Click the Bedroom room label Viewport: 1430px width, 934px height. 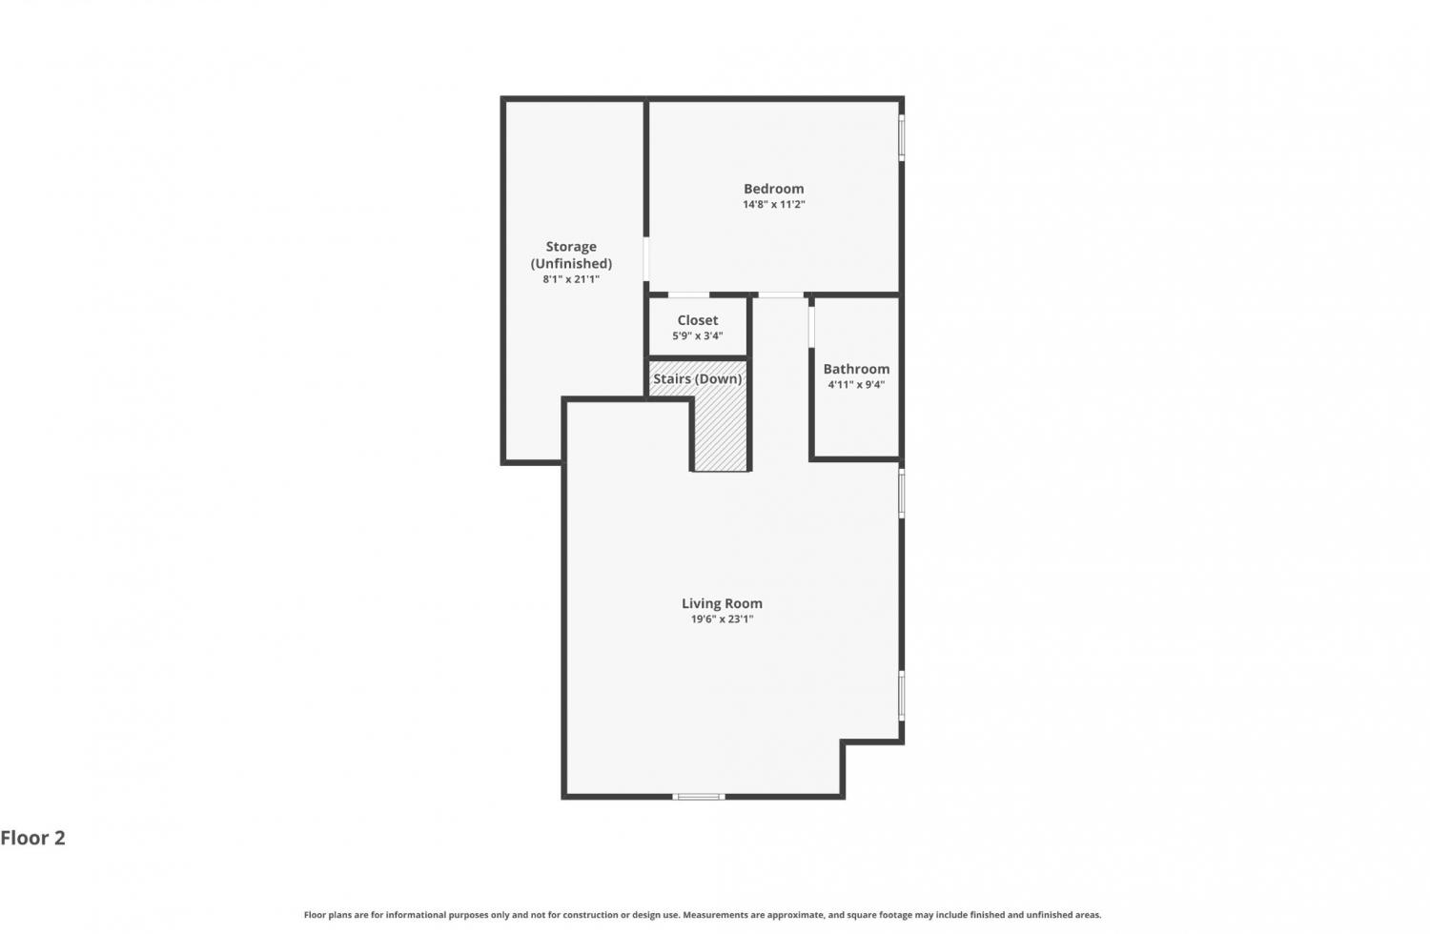(x=774, y=189)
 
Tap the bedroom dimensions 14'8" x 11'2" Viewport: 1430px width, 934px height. (x=774, y=205)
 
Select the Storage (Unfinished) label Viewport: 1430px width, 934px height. (x=571, y=254)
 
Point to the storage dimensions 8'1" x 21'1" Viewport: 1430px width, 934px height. (x=571, y=279)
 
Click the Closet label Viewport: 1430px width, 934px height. (x=698, y=320)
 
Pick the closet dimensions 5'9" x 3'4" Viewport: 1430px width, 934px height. (x=698, y=335)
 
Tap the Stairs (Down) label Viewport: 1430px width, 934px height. (x=697, y=379)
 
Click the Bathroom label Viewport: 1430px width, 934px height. (x=856, y=369)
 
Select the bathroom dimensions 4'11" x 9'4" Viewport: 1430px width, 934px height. (x=856, y=384)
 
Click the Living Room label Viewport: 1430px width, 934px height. (x=722, y=603)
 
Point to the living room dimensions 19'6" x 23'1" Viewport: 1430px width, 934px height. (x=722, y=619)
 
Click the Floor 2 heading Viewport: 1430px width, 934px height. (x=32, y=838)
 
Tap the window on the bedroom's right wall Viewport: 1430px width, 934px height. (x=902, y=137)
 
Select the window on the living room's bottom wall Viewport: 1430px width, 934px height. (x=699, y=796)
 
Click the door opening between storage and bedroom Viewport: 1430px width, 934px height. (x=646, y=259)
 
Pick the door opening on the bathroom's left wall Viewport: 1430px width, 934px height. (x=811, y=328)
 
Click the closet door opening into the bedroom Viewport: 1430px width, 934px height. (x=689, y=294)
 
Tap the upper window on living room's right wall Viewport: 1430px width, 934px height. (x=902, y=494)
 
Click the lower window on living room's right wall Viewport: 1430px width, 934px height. (x=902, y=695)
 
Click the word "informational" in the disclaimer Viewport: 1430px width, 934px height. (x=417, y=915)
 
